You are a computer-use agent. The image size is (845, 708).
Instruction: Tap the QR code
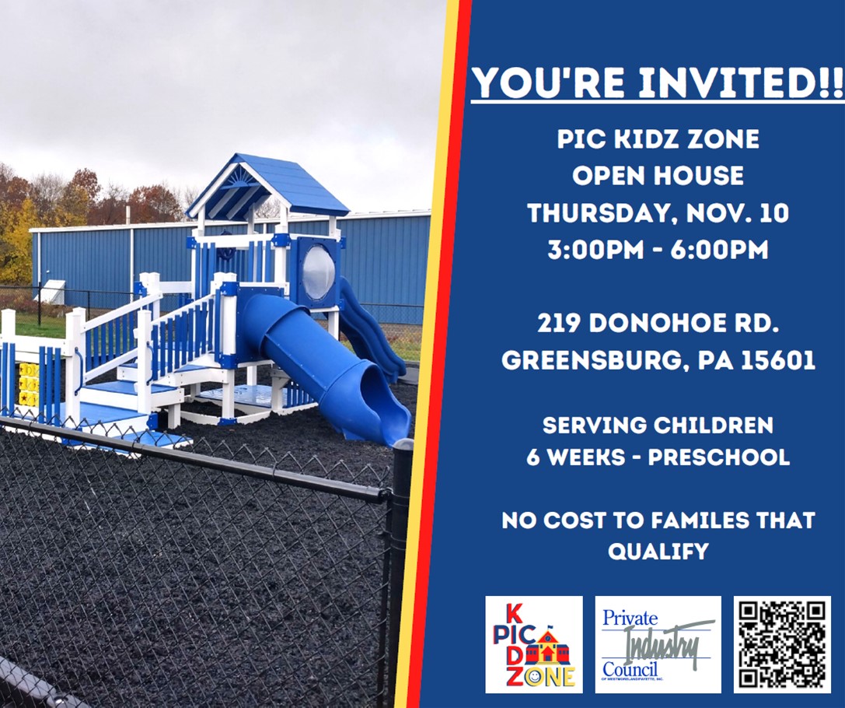[x=782, y=644]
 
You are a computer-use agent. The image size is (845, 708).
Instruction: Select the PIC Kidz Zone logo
[x=533, y=644]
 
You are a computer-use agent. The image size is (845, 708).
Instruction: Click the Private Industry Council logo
[x=658, y=644]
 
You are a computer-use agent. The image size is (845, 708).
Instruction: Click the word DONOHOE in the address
[x=661, y=324]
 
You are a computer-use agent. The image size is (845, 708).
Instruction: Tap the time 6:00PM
[x=719, y=250]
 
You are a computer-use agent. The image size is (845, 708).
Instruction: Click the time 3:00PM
[x=596, y=250]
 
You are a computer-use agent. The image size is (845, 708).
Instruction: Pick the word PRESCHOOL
[x=719, y=457]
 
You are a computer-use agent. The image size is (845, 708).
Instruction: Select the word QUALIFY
[x=658, y=551]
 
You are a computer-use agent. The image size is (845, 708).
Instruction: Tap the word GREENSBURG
[x=595, y=360]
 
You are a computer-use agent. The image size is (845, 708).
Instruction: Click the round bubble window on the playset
[x=319, y=272]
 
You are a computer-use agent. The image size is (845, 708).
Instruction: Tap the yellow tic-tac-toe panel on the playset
[x=28, y=384]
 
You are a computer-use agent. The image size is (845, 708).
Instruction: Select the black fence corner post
[x=398, y=572]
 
